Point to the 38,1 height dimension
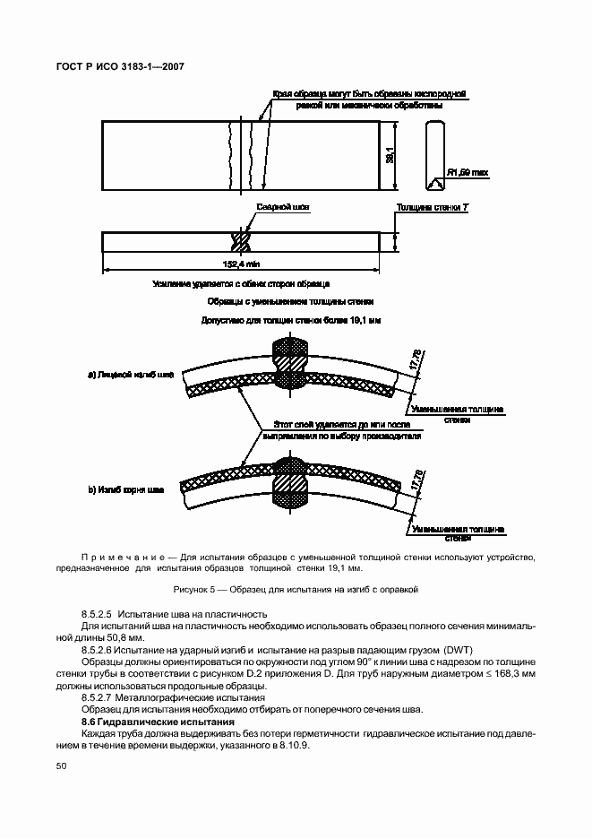[389, 156]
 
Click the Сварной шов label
[282, 207]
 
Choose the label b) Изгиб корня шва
[126, 489]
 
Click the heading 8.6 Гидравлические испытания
[157, 721]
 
